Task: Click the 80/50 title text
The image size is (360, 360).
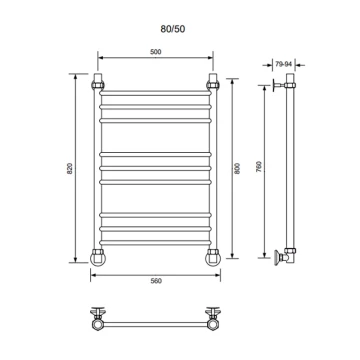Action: pos(173,29)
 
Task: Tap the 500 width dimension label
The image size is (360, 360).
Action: pos(156,52)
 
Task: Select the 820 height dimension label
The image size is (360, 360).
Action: pos(70,168)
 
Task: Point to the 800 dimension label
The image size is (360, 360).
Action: pos(237,168)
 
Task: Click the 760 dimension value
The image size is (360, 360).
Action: pos(260,166)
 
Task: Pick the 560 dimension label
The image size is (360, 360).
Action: pos(156,281)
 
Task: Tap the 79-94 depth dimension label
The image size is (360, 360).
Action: pos(284,65)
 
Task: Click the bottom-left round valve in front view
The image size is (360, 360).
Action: pos(98,258)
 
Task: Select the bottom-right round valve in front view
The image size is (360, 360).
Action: pos(213,258)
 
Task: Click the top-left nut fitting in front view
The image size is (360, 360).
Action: pos(98,85)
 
